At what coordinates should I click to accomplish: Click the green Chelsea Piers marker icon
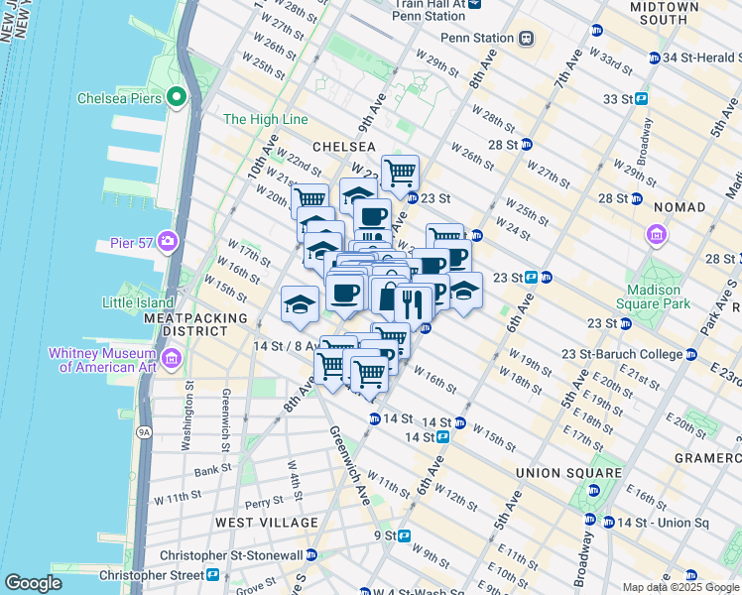(178, 97)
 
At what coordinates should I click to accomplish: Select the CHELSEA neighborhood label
(344, 146)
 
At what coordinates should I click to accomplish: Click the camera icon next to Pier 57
(167, 241)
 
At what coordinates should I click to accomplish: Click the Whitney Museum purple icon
(173, 357)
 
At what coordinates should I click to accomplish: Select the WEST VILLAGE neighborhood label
(267, 522)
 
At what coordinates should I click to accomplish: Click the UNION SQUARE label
(568, 473)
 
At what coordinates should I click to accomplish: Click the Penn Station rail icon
(526, 39)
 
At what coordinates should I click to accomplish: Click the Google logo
(33, 583)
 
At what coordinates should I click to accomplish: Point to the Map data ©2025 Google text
(680, 587)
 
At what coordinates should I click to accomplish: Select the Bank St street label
(213, 471)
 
